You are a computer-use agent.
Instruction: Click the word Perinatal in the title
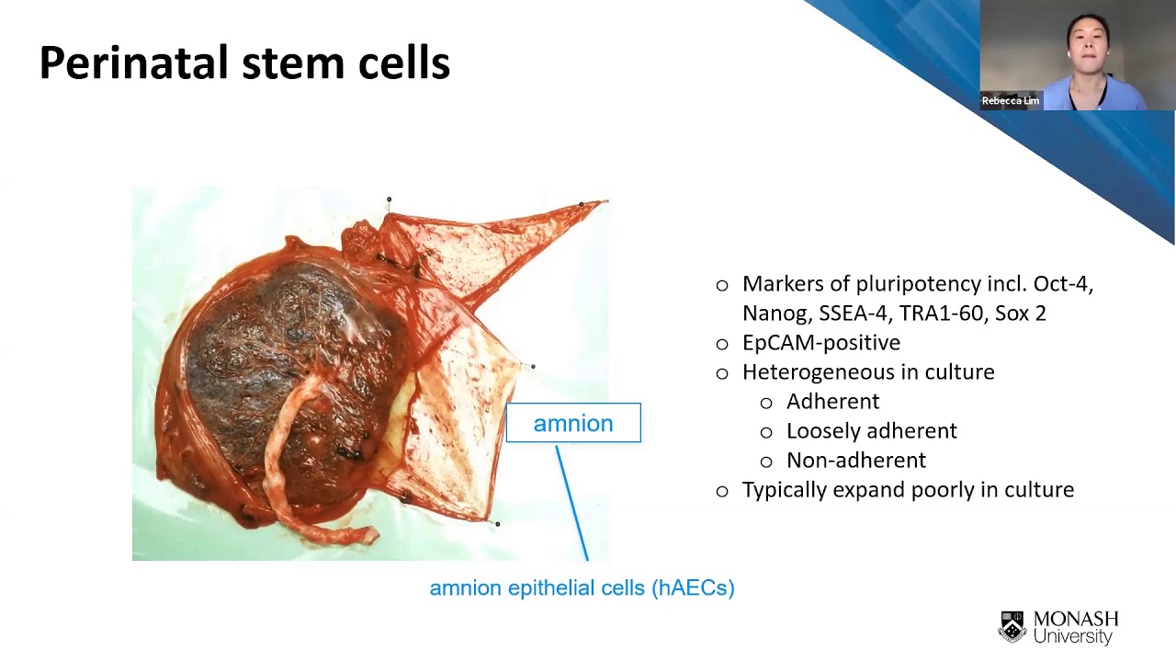coord(135,63)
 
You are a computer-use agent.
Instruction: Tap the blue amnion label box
coord(573,422)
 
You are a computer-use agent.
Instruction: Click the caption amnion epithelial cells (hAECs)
coord(582,588)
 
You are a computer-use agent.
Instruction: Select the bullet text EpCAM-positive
coord(821,343)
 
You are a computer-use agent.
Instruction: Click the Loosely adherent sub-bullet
coord(872,431)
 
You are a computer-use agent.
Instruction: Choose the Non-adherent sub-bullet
coord(856,461)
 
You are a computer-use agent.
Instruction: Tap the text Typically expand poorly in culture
coord(909,490)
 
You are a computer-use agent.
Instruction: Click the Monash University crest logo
coord(1012,626)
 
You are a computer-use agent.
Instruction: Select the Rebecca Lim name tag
coord(1010,101)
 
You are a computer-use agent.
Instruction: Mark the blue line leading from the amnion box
coord(571,503)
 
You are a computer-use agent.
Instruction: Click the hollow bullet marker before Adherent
coord(766,403)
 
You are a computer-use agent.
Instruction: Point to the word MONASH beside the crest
coord(1076,619)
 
